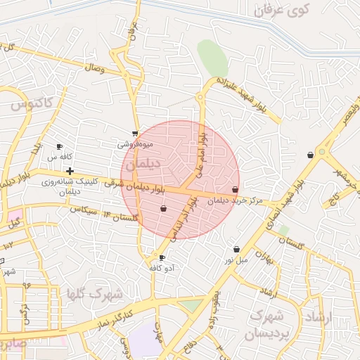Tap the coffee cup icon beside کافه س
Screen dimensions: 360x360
pos(60,146)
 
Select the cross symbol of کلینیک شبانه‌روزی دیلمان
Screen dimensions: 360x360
pos(70,171)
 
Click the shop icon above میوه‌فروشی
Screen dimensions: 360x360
pos(135,133)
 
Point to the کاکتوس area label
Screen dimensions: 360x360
pos(32,103)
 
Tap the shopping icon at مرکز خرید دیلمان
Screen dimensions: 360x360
pos(235,190)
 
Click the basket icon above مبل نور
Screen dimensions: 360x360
pos(236,249)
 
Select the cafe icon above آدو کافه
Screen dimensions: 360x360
pos(162,258)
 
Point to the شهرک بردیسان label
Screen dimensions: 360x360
pos(266,324)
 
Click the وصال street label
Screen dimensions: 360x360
pos(94,68)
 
